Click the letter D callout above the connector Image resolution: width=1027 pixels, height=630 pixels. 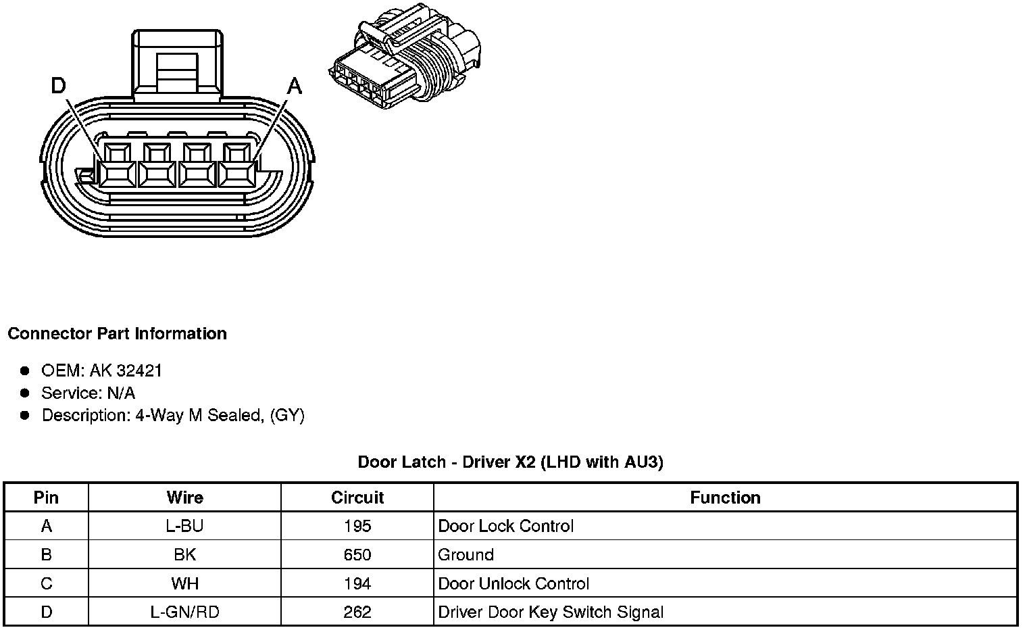pos(59,86)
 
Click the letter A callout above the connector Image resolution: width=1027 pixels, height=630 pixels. pos(295,86)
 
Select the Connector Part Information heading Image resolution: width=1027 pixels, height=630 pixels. pos(117,333)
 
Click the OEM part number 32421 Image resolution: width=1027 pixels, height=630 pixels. pos(139,370)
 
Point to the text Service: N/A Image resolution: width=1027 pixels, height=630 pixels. pos(88,393)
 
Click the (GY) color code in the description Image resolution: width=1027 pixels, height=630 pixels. pos(287,415)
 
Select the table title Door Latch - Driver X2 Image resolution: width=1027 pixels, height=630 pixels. pos(510,462)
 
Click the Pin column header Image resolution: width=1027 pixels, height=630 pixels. pos(46,498)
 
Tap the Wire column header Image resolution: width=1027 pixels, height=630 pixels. pos(184,498)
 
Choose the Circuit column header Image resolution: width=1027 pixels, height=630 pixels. pos(357,498)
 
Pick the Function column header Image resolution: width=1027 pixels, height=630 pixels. pos(725,498)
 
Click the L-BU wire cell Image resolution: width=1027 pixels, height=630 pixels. pos(184,526)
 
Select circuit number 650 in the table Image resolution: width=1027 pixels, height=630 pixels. pos(357,555)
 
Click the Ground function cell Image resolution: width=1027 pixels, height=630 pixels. pos(466,555)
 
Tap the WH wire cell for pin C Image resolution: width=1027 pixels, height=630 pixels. pos(184,583)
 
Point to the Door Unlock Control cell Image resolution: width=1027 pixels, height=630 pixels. pos(513,583)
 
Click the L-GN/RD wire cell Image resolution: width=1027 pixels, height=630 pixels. pos(184,612)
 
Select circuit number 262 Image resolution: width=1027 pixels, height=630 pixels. pos(357,612)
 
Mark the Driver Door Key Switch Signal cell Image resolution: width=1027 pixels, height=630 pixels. pos(551,612)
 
